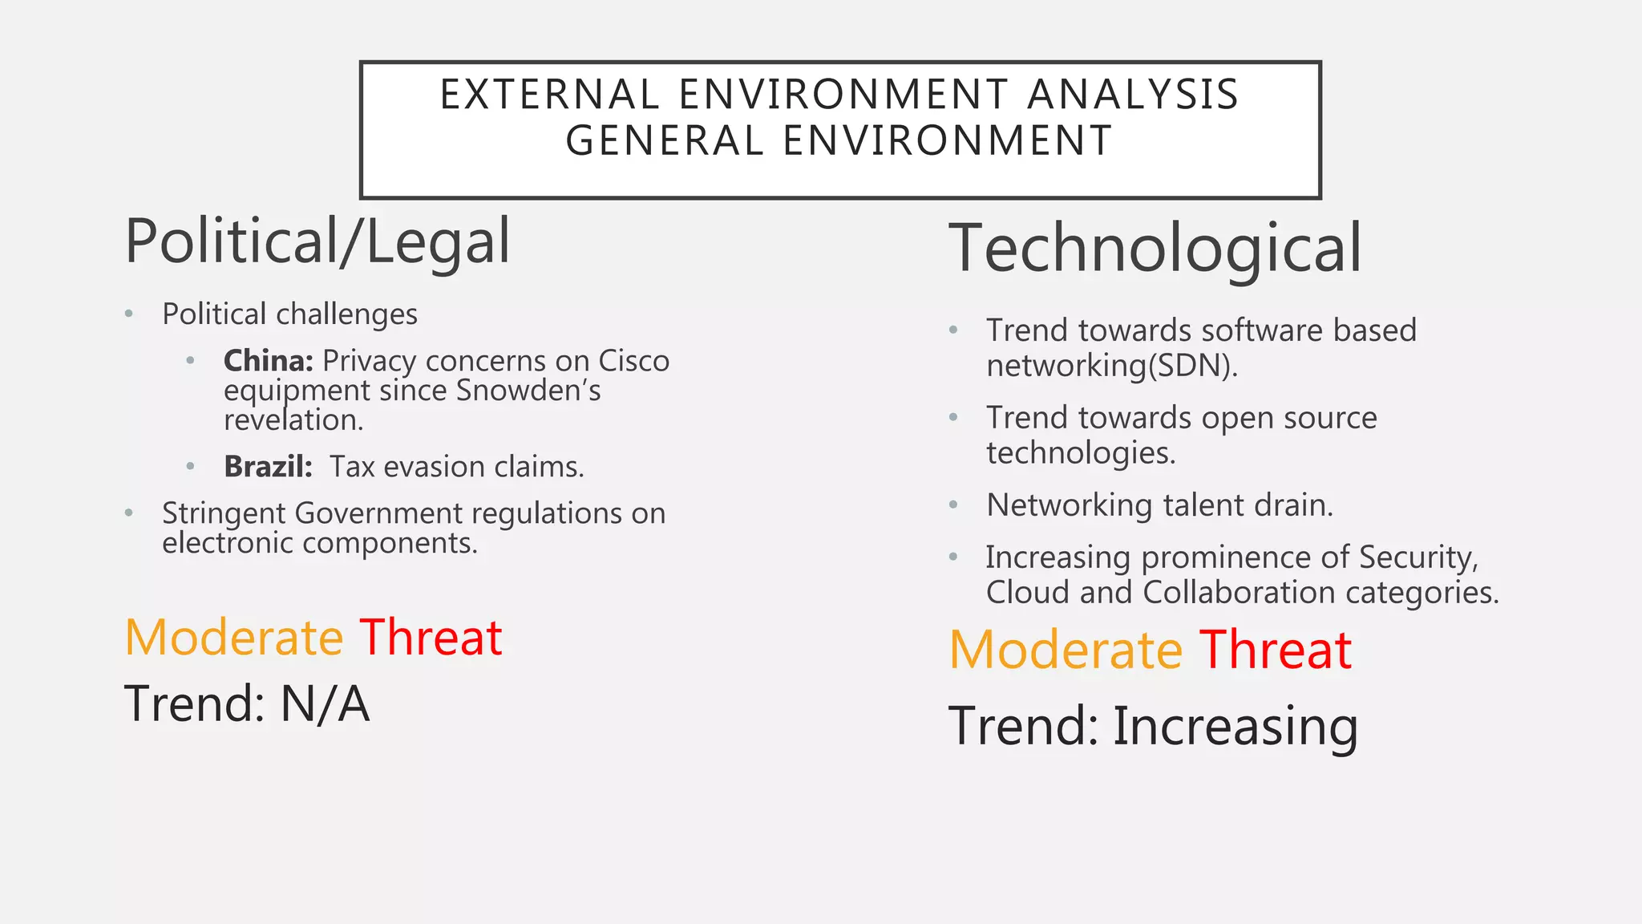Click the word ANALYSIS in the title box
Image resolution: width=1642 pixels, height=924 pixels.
1133,95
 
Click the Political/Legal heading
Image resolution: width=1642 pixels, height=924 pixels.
317,241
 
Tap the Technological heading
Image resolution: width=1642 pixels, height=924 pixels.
1155,249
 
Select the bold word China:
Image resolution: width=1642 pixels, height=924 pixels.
269,361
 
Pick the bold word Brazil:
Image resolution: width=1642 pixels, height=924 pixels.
268,467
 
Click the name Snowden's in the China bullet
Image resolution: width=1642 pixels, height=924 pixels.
528,391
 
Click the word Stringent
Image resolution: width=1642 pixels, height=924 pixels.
224,513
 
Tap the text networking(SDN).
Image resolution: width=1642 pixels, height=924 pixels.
1111,366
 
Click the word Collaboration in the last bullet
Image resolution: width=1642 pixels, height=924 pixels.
1240,593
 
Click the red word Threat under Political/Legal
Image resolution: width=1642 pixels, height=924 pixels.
431,638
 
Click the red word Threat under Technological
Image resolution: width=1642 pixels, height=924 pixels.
1276,650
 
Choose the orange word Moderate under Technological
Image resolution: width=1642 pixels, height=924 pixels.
1066,650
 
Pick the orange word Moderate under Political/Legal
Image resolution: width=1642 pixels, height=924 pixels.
234,638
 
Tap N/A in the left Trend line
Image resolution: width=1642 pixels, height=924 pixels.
325,704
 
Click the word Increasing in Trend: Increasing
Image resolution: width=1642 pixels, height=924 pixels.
1235,726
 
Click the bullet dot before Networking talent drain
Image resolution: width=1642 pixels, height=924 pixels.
953,505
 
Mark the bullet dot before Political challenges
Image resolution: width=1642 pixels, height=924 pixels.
129,314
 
